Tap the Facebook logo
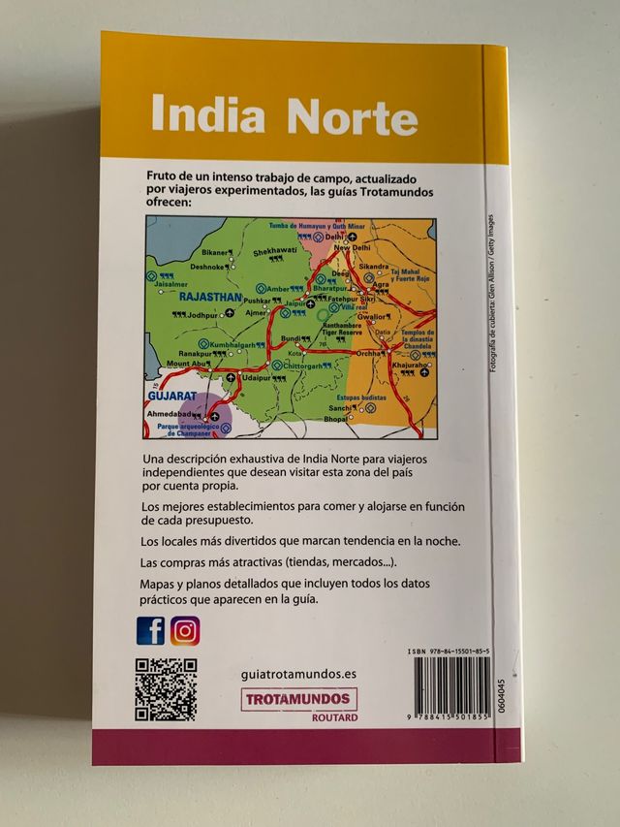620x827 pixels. (x=150, y=631)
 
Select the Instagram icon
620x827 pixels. (x=185, y=631)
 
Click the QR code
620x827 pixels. (x=166, y=689)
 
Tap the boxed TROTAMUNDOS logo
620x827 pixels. (x=296, y=699)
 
